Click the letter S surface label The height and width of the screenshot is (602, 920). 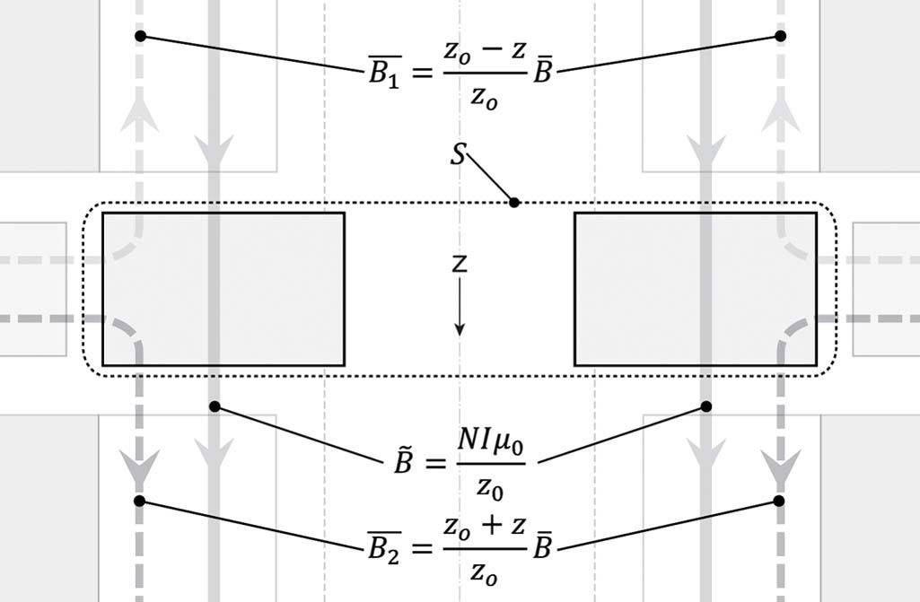tap(458, 154)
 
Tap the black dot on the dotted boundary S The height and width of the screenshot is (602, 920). tap(514, 203)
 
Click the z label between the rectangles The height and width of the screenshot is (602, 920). tap(459, 264)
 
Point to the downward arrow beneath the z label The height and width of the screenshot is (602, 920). tap(459, 310)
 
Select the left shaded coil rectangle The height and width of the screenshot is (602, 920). tap(223, 289)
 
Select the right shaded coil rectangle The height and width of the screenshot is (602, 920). tap(696, 289)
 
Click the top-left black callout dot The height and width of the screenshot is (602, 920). tap(140, 37)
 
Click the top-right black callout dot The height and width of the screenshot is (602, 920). tap(780, 37)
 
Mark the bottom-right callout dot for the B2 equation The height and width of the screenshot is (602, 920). tap(779, 500)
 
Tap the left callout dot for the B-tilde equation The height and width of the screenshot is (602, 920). tap(215, 406)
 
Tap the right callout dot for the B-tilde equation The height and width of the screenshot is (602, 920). tap(706, 407)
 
